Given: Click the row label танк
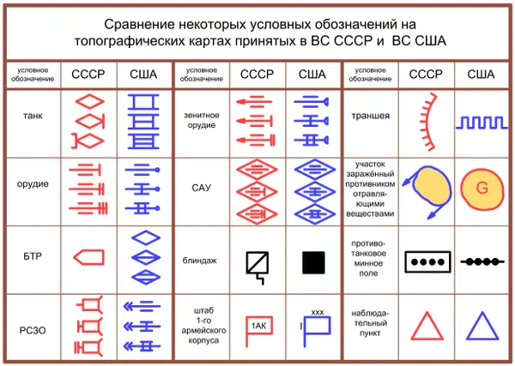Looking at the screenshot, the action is click(x=33, y=116).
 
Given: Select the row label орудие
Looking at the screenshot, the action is click(x=33, y=184).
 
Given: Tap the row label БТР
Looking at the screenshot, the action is click(x=33, y=256).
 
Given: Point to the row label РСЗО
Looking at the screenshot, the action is click(x=33, y=330).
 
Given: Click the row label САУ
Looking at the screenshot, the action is click(x=201, y=188).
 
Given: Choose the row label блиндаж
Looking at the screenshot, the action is click(x=200, y=261).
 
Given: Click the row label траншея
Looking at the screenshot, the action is click(x=371, y=116).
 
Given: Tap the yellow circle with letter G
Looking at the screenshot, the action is click(x=482, y=189).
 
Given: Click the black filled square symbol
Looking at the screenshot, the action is click(x=313, y=262).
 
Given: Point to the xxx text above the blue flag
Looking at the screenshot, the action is click(x=318, y=313).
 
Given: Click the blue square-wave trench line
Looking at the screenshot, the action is click(x=482, y=123).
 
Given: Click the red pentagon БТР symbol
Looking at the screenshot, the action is click(x=88, y=257).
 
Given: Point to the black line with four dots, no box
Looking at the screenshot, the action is click(x=482, y=261).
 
